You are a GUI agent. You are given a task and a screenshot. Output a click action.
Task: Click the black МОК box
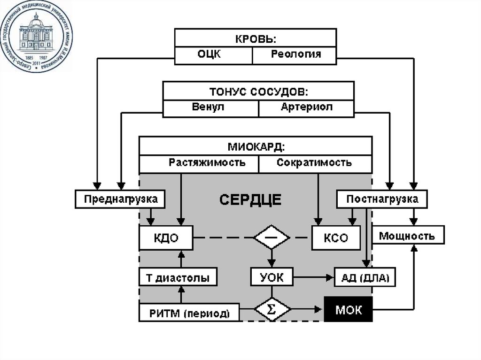tap(348, 309)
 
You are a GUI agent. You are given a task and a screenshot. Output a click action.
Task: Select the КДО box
tap(166, 237)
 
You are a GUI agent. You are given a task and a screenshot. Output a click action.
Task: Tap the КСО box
tap(336, 237)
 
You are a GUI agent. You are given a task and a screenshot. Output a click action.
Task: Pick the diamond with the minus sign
tap(272, 237)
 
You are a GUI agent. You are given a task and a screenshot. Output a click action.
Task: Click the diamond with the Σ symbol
tap(272, 310)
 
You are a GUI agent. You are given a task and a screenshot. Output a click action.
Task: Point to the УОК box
tap(272, 277)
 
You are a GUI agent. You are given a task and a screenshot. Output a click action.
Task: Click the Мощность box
tap(407, 236)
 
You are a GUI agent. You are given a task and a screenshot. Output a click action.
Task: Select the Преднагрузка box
tap(120, 199)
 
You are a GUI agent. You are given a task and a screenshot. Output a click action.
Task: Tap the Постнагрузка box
tap(382, 199)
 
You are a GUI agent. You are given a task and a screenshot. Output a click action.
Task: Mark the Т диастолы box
tap(178, 277)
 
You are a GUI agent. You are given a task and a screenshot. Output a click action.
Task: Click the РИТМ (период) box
tap(189, 313)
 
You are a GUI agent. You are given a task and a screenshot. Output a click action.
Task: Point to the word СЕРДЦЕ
tap(250, 200)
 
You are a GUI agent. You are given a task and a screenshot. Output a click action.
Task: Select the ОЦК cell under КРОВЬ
tap(213, 55)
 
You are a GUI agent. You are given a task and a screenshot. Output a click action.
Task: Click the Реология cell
tap(295, 55)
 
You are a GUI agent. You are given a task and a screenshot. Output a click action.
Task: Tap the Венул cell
tap(210, 108)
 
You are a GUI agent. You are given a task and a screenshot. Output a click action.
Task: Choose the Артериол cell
tap(306, 108)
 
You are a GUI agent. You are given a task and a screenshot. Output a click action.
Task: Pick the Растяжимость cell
tap(199, 163)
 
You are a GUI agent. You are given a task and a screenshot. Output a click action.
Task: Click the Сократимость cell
tap(315, 163)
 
